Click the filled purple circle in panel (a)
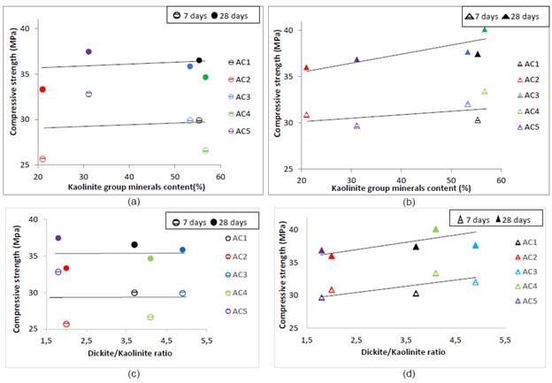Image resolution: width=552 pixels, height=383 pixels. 88,51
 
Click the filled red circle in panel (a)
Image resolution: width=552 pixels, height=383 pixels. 42,89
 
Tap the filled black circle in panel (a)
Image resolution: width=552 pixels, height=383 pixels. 199,60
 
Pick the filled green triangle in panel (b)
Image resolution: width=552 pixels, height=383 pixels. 485,29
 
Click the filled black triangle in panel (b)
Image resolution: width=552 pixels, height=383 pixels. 478,54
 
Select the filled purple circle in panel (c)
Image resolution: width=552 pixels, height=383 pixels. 58,238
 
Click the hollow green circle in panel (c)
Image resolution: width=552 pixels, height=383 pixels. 150,317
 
